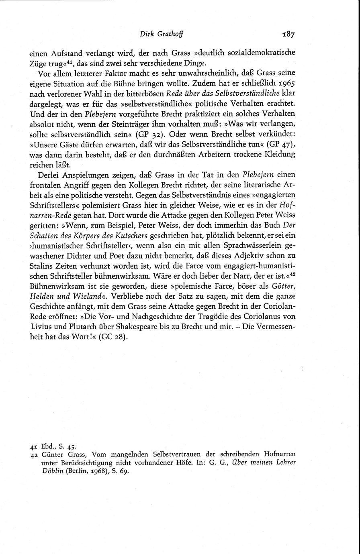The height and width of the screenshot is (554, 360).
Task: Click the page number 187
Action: tap(288, 35)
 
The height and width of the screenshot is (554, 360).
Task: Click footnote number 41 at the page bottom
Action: tap(34, 446)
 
